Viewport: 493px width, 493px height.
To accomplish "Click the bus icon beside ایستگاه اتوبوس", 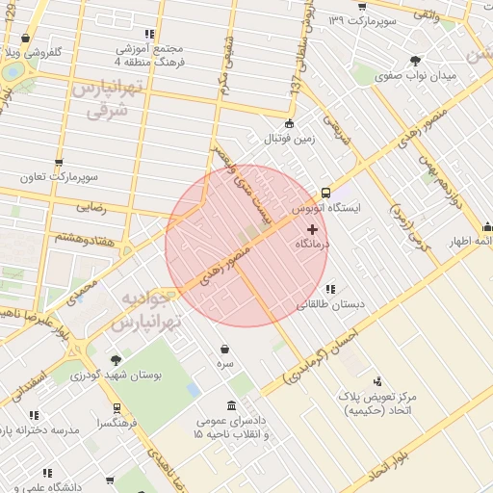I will [325, 192].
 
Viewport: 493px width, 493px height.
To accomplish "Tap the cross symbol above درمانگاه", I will [311, 229].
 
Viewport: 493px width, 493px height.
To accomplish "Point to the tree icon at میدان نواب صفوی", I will [415, 59].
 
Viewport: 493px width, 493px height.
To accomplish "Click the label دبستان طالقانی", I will [330, 304].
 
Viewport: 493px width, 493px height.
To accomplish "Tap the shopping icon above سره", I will [224, 349].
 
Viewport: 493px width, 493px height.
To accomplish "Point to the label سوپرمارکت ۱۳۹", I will [363, 19].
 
